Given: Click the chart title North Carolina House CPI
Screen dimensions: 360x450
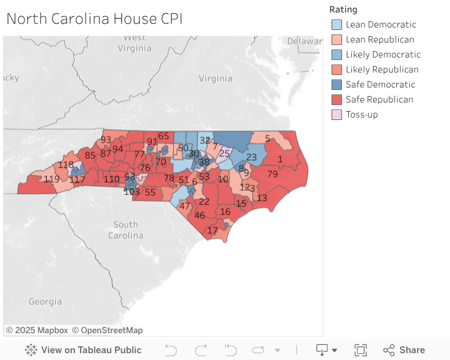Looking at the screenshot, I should [94, 19].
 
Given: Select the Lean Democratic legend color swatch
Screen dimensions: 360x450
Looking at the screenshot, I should [337, 24].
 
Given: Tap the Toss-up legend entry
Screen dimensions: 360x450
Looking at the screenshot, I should [361, 114].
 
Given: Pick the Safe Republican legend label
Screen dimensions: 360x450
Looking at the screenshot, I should [379, 99].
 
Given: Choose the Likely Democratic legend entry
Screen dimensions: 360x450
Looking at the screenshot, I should [382, 54].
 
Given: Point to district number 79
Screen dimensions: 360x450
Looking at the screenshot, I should [272, 174].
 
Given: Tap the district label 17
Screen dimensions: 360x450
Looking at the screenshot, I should [212, 231].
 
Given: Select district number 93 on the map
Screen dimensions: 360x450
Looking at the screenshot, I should [106, 140].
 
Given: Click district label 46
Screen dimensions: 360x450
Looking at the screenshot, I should [200, 216].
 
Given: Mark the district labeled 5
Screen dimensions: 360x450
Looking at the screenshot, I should [267, 139].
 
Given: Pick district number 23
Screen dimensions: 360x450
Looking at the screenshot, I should [251, 157].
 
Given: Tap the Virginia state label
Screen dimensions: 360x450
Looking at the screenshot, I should [215, 79].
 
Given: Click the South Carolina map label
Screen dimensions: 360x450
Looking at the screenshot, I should [126, 230].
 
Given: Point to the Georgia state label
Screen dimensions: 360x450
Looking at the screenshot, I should [45, 302].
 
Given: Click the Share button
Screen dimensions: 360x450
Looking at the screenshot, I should [404, 350].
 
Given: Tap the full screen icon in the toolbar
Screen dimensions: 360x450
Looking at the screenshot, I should [360, 350].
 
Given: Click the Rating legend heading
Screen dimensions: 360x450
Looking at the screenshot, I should [343, 9].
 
